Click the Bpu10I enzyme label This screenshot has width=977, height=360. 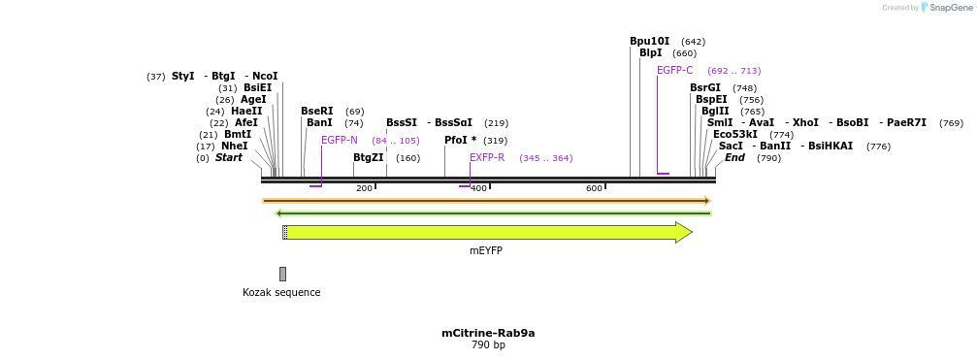click(649, 42)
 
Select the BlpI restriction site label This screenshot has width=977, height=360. click(650, 53)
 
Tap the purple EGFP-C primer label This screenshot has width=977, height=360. click(674, 70)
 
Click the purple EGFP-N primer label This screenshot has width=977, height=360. click(340, 141)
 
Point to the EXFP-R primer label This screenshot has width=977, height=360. click(487, 157)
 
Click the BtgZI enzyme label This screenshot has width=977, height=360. click(368, 157)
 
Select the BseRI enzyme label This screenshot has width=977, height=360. click(316, 112)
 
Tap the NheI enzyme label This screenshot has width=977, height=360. click(235, 147)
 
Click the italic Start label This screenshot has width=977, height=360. click(229, 158)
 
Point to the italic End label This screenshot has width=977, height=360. click(734, 158)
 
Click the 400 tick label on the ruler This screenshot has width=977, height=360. click(478, 188)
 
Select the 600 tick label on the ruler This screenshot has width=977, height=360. click(594, 188)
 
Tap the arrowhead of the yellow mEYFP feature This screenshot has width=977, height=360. click(683, 232)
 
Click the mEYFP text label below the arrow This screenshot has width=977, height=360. click(486, 250)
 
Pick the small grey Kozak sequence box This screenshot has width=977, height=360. click(282, 274)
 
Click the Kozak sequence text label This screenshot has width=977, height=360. click(281, 292)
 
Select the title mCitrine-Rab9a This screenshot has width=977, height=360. click(488, 333)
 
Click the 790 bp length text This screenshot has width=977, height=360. click(488, 344)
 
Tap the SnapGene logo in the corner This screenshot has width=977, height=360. click(945, 8)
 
